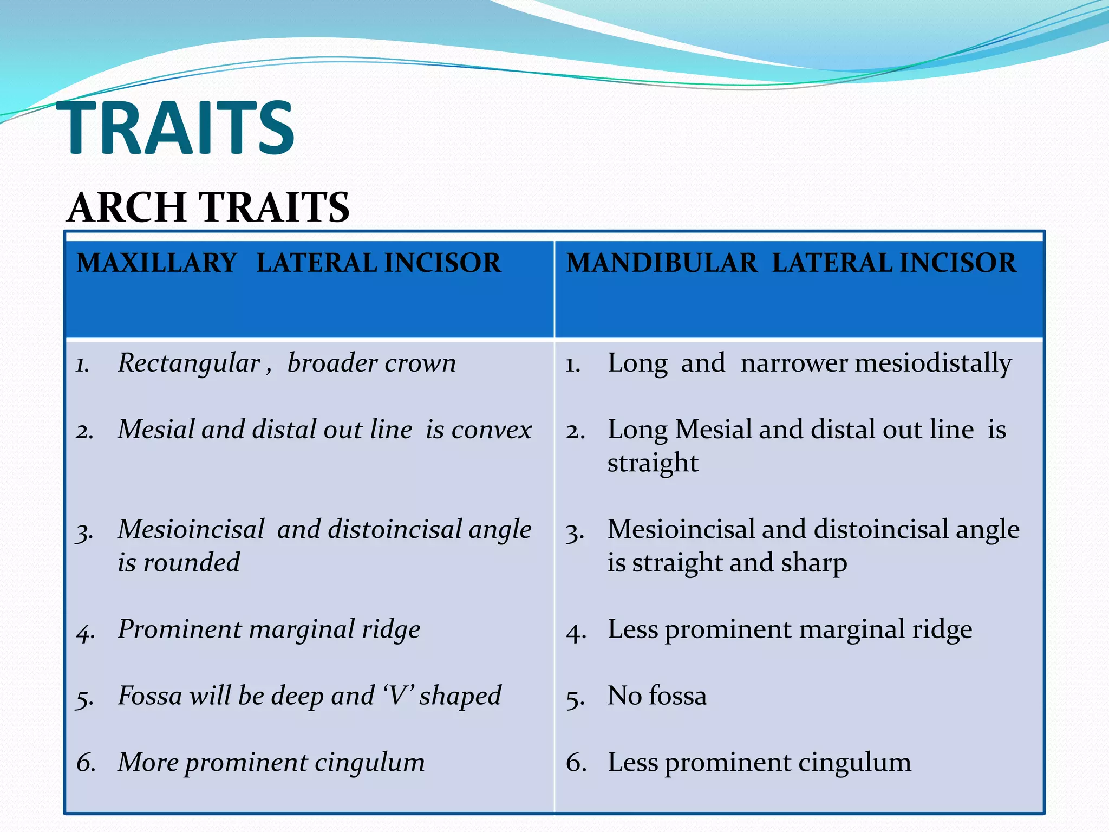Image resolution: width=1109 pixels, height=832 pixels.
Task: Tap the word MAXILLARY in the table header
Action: coord(156,263)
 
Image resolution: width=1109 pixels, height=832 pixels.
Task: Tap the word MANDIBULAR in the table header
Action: coord(661,263)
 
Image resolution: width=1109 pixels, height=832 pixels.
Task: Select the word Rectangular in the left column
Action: coord(189,363)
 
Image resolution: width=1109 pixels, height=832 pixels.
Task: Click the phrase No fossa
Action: coord(657,695)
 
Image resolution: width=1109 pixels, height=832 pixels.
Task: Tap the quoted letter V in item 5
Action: coord(398,695)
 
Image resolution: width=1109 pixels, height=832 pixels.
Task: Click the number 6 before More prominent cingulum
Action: coord(86,763)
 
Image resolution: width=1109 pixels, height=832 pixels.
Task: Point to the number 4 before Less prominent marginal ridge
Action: coord(576,631)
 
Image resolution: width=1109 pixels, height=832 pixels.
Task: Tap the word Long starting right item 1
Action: coord(637,363)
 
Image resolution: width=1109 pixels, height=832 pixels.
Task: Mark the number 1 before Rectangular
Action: coord(83,365)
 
